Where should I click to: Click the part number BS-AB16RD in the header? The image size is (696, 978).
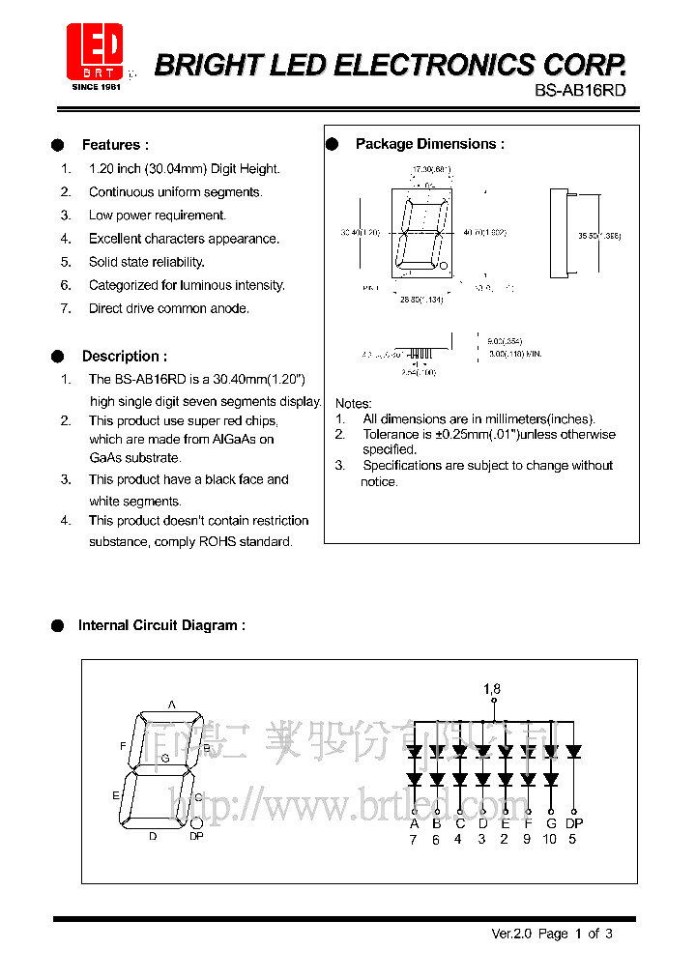[x=580, y=91]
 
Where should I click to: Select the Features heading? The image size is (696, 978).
[x=115, y=145]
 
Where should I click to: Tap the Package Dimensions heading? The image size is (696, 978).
[x=429, y=144]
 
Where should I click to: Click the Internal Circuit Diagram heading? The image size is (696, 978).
[x=161, y=625]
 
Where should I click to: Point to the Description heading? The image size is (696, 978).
[x=124, y=356]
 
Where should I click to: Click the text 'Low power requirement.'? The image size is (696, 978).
[x=158, y=216]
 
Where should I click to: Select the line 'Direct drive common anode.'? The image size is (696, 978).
[x=169, y=308]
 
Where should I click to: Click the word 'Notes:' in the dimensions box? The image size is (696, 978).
[x=353, y=403]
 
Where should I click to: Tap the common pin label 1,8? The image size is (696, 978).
[x=492, y=689]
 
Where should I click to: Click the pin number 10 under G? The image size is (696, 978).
[x=550, y=839]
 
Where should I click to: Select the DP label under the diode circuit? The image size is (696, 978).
[x=574, y=823]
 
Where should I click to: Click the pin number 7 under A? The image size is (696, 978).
[x=414, y=839]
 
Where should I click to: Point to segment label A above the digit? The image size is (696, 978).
[x=172, y=705]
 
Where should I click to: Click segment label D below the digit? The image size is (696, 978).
[x=153, y=837]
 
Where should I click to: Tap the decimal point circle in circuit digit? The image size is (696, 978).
[x=195, y=822]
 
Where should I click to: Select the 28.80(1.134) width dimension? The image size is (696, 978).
[x=420, y=300]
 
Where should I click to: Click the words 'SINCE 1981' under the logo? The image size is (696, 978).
[x=95, y=87]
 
